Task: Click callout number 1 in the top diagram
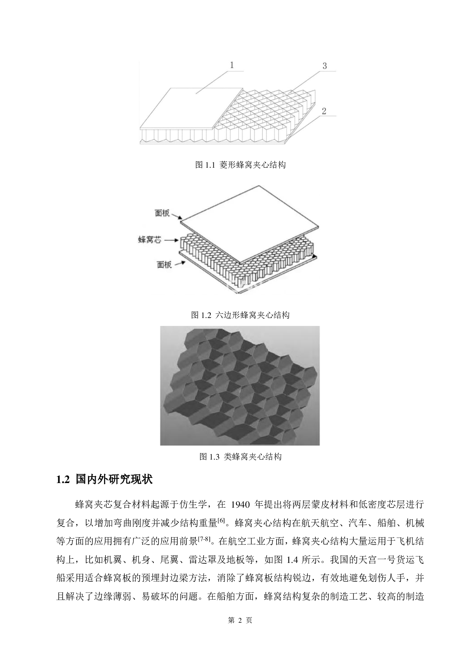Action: pyautogui.click(x=232, y=65)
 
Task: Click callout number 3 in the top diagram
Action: pyautogui.click(x=325, y=66)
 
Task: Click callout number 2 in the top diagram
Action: pyautogui.click(x=324, y=111)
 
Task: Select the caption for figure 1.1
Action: pyautogui.click(x=240, y=165)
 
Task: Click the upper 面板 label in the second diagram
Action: pyautogui.click(x=162, y=213)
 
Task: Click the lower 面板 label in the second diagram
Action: pyautogui.click(x=164, y=265)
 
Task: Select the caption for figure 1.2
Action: pyautogui.click(x=240, y=315)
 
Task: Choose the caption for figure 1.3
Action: pyautogui.click(x=240, y=457)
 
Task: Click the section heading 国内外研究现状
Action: pyautogui.click(x=114, y=479)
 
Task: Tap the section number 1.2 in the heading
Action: pyautogui.click(x=63, y=480)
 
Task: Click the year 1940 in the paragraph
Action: pyautogui.click(x=240, y=505)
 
